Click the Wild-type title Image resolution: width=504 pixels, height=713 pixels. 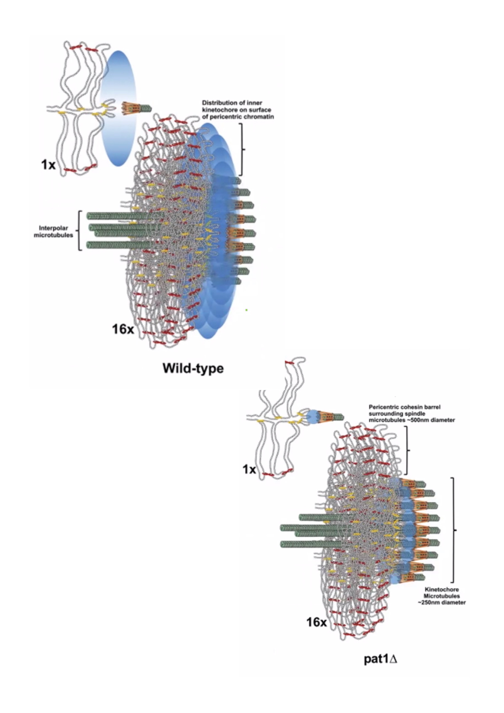[x=193, y=369]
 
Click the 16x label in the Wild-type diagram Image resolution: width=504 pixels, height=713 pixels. [x=123, y=329]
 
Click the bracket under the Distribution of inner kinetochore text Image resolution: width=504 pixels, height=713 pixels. [x=242, y=149]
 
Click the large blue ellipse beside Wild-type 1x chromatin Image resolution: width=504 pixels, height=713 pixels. [x=119, y=109]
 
